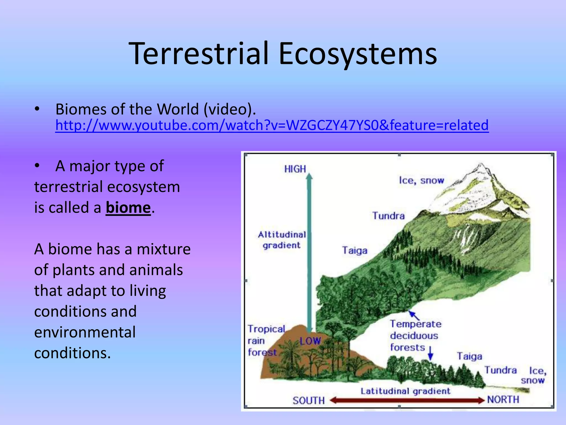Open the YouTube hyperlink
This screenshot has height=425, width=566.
(272, 125)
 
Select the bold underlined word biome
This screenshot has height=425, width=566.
(128, 208)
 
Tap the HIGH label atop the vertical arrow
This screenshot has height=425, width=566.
(295, 169)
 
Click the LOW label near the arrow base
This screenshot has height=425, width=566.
(310, 341)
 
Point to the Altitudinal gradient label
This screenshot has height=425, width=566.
(282, 240)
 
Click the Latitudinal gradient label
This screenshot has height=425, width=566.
(405, 391)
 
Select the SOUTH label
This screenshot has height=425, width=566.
(309, 400)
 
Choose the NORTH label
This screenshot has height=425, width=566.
(503, 400)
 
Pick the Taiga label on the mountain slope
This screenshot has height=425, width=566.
(355, 250)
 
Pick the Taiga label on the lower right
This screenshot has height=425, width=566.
(469, 356)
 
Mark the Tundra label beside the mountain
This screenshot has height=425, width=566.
(388, 216)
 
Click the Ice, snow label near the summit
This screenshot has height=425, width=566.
(421, 180)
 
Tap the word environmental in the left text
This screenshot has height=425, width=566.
(85, 332)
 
